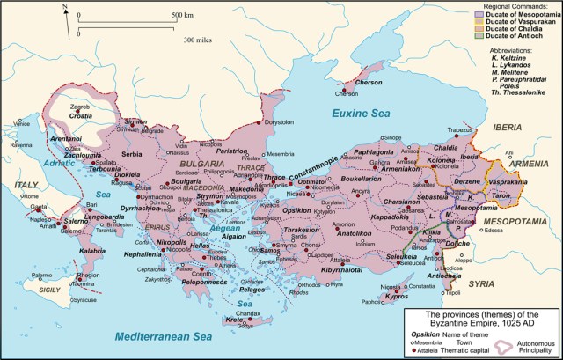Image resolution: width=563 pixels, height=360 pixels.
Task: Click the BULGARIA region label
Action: pos(202,164)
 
